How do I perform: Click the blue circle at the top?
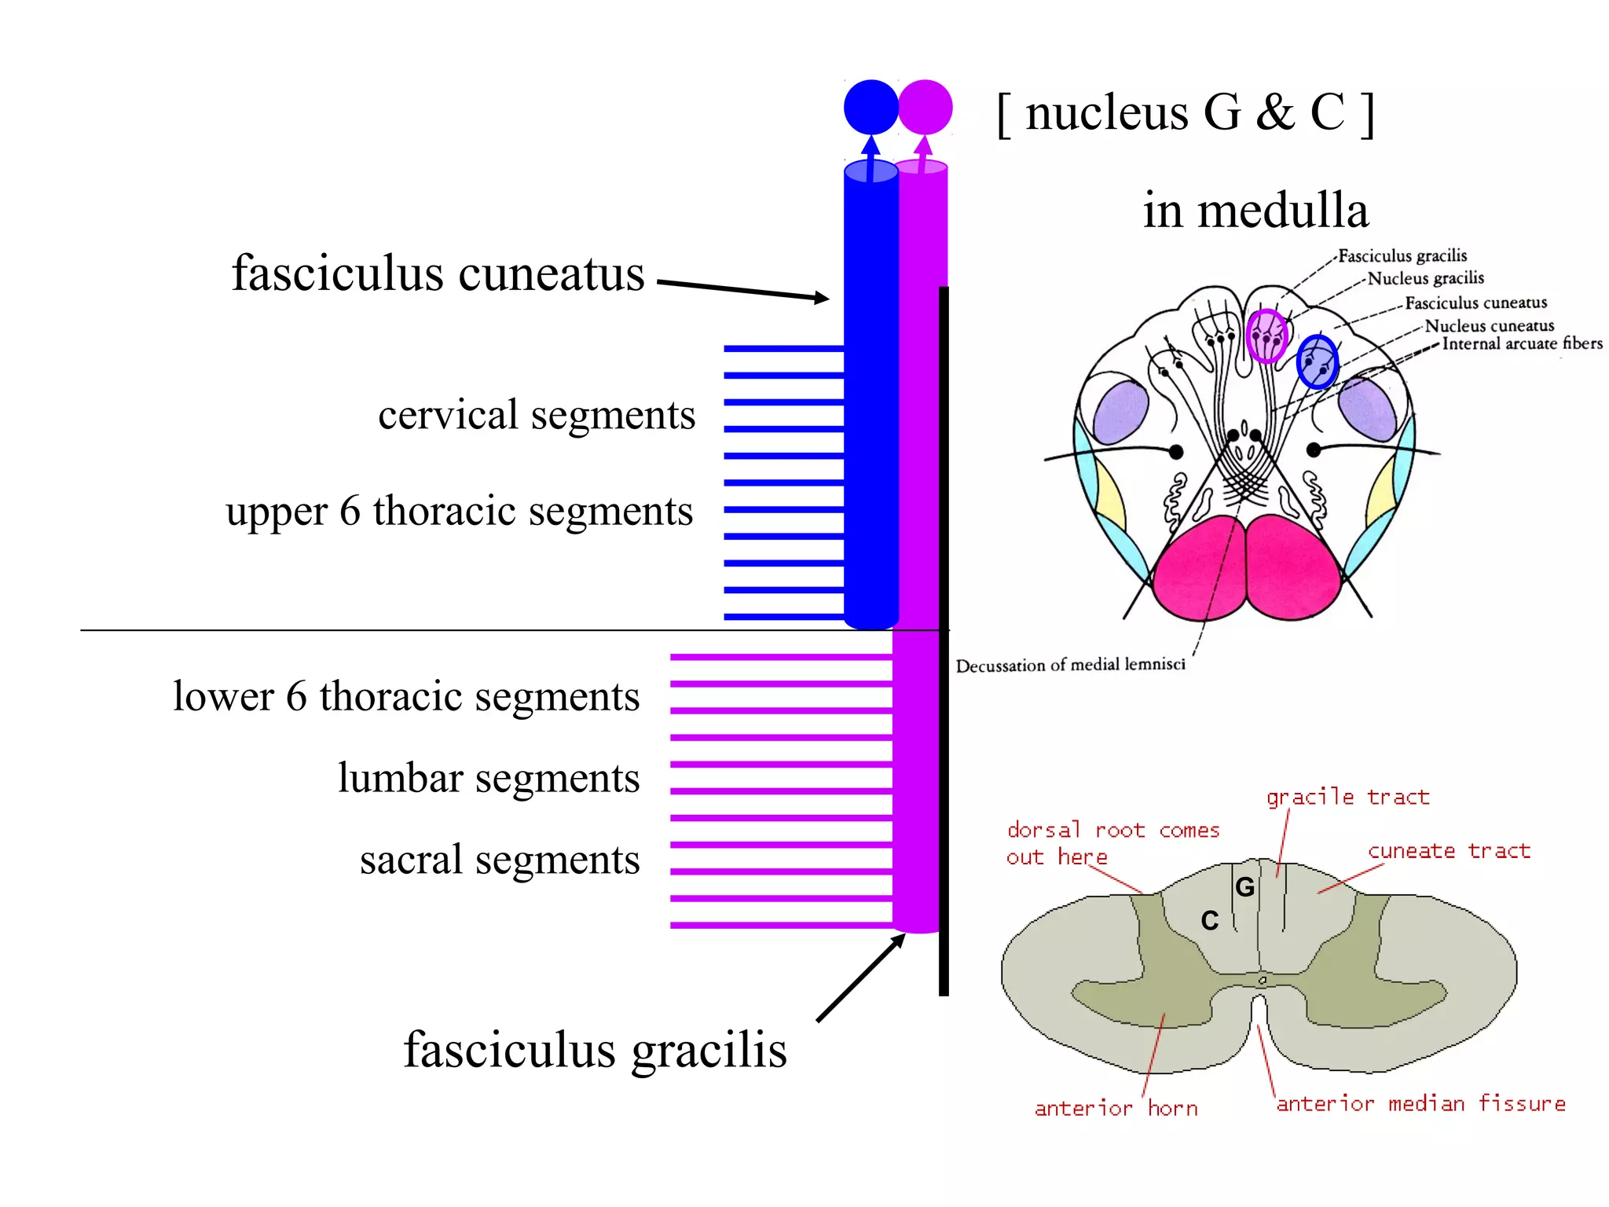pos(870,107)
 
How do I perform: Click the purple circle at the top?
pos(925,107)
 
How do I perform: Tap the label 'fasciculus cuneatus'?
pos(438,273)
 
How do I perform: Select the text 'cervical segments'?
pos(537,414)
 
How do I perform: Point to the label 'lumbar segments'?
pos(489,778)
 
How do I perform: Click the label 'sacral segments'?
pos(500,859)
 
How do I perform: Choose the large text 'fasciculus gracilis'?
pos(595,1050)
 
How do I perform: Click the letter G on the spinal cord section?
pos(1245,887)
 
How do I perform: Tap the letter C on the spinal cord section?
pos(1210,921)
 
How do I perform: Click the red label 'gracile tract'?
pos(1347,798)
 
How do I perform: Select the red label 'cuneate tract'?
pos(1449,851)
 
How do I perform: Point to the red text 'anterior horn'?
pos(1116,1109)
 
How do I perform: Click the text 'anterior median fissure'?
pos(1420,1104)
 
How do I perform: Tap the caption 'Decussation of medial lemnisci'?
pos(1070,666)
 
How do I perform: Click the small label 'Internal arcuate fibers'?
pos(1522,343)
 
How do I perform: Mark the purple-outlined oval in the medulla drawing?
pos(1266,336)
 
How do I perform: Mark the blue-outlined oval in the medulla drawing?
pos(1317,362)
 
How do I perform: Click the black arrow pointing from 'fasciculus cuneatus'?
pos(742,290)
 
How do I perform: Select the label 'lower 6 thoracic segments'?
pos(406,696)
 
